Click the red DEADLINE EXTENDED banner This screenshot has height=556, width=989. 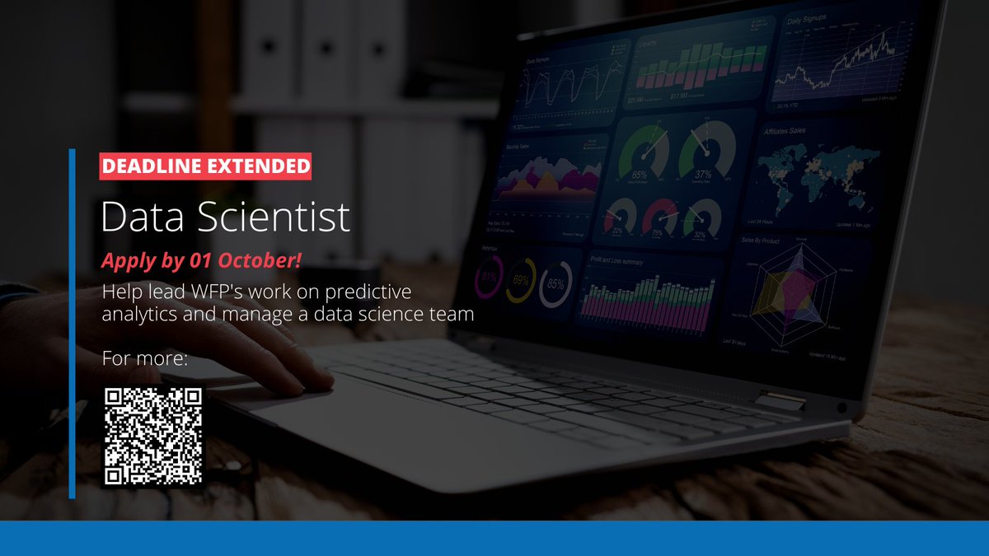tap(205, 166)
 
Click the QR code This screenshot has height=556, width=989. tap(152, 436)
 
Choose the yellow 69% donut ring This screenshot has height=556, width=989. tap(521, 281)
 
